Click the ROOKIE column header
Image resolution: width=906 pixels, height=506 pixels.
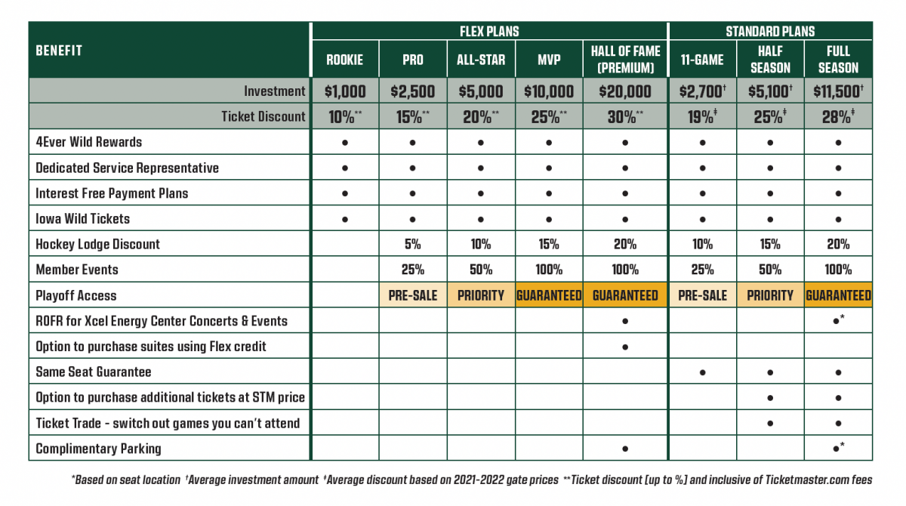click(344, 60)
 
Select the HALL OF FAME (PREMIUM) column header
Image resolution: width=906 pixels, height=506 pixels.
click(625, 59)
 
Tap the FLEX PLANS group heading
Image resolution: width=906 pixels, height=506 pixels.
click(489, 32)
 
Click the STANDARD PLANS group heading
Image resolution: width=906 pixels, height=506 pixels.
click(770, 32)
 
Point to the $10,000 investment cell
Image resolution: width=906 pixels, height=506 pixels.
click(549, 91)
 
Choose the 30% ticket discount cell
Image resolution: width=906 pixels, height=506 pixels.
click(625, 116)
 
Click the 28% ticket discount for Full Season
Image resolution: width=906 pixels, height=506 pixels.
click(838, 116)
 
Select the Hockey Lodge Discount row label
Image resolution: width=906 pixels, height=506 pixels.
click(97, 244)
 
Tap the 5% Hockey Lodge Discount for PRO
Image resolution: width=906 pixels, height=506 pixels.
click(412, 244)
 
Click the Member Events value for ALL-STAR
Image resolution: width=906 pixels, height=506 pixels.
click(481, 270)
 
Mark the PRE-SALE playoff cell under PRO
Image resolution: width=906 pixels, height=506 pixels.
click(412, 295)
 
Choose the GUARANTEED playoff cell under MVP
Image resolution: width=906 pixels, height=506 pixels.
click(549, 295)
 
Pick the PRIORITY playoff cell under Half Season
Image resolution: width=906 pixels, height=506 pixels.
click(770, 295)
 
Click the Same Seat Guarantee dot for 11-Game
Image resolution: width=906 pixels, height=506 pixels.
click(702, 372)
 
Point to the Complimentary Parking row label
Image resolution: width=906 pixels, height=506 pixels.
click(98, 449)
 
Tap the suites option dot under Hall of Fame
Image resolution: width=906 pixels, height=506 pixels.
click(625, 347)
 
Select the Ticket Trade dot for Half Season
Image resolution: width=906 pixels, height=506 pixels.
click(770, 423)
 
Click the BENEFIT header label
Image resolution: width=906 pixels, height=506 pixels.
click(59, 51)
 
